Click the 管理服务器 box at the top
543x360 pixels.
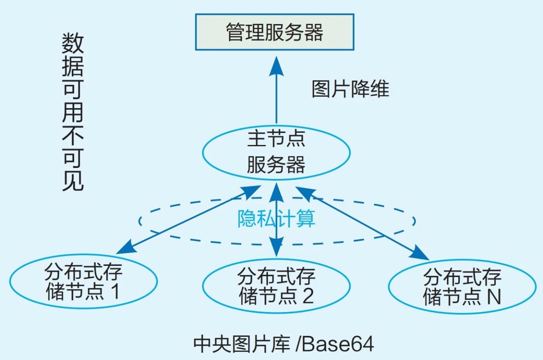274,32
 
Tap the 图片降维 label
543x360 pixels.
350,89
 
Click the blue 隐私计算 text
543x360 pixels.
276,219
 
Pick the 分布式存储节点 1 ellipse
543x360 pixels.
83,281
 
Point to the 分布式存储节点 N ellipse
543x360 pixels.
462,286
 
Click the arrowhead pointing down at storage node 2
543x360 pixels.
277,249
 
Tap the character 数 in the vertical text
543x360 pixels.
73,43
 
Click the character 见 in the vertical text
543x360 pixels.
73,181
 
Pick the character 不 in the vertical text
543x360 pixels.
73,136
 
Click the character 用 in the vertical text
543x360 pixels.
73,112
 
